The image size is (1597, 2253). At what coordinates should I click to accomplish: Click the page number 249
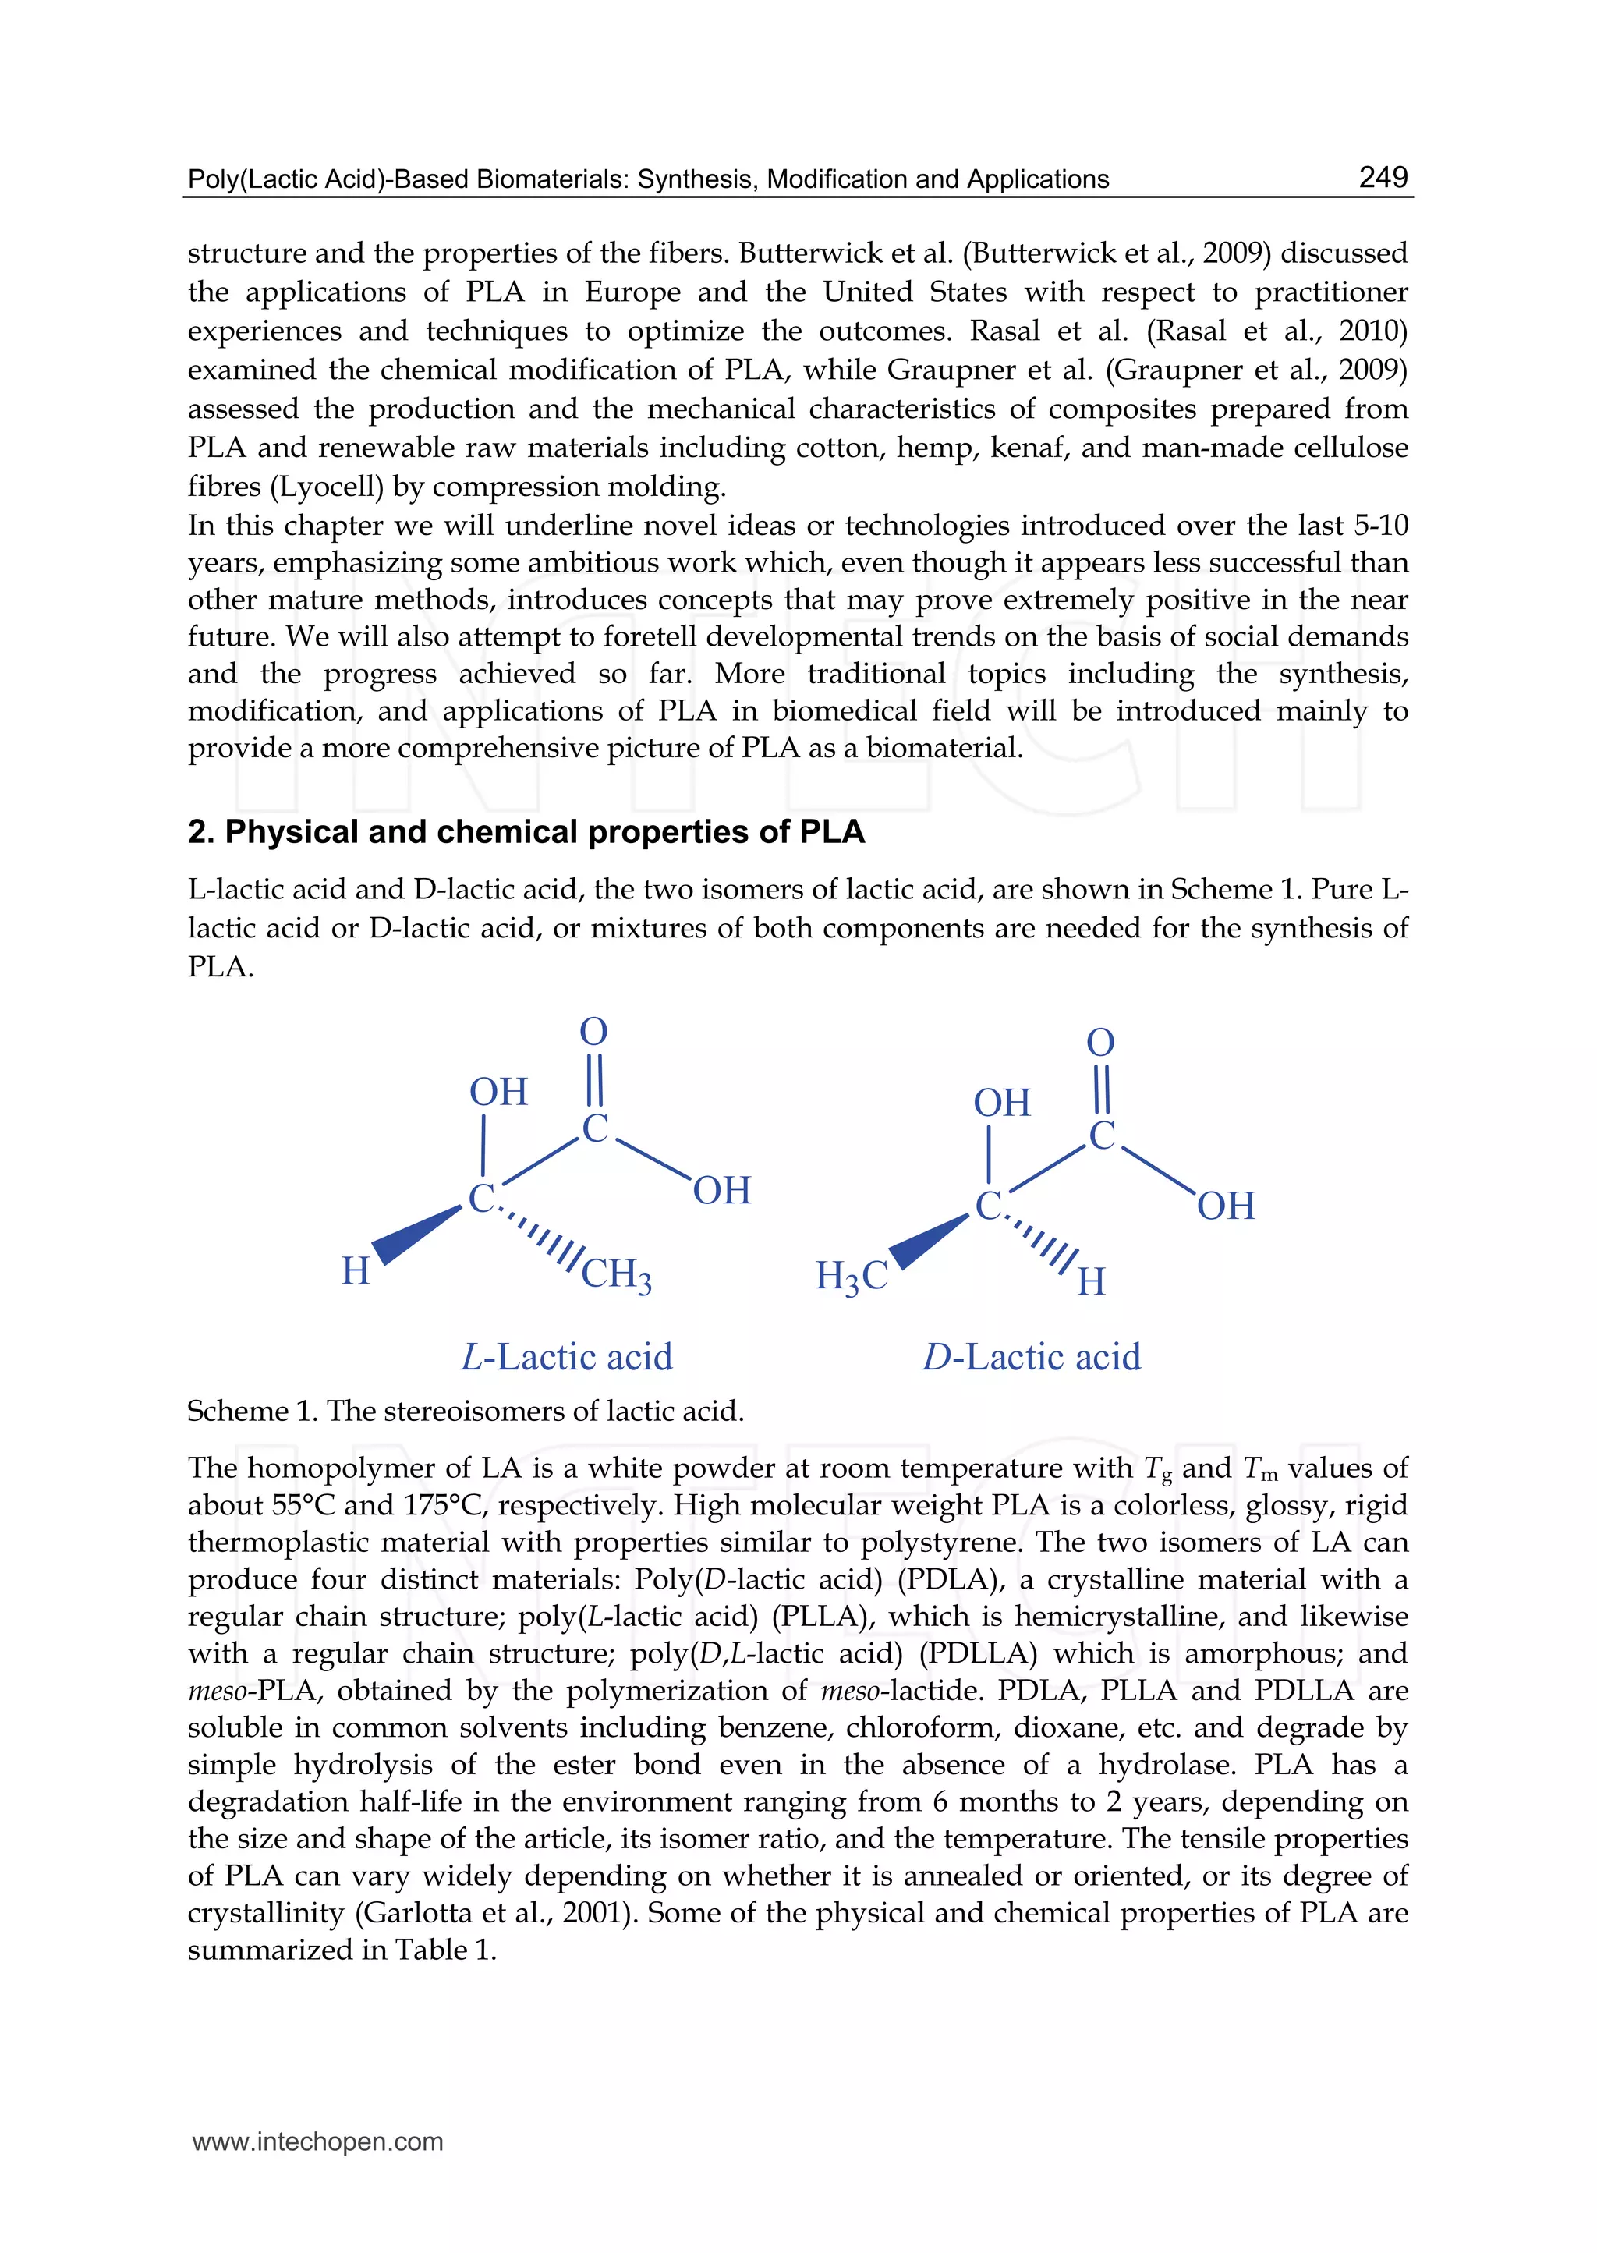(x=1383, y=177)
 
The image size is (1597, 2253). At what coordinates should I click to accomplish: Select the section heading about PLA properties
(x=526, y=832)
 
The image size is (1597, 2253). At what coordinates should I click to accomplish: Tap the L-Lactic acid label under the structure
(x=568, y=1357)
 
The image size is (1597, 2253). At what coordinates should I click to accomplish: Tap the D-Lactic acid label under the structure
(x=1031, y=1357)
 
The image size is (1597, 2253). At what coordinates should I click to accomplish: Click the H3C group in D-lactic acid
(x=852, y=1277)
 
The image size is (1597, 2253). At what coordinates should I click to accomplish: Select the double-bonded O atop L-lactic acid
(x=594, y=1032)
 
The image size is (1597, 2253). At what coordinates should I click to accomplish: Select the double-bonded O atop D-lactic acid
(x=1100, y=1043)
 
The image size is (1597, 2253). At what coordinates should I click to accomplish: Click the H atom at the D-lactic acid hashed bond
(x=1092, y=1281)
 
